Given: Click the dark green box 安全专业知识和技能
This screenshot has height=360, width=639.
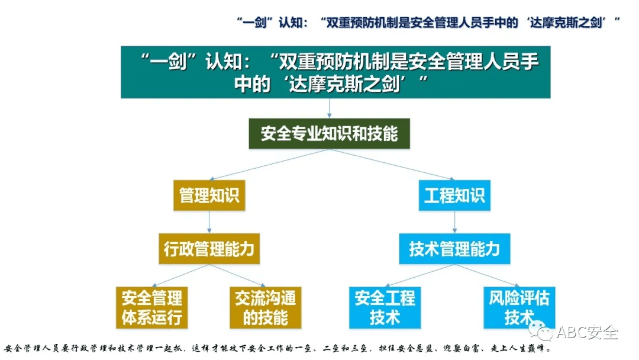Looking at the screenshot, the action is point(330,134).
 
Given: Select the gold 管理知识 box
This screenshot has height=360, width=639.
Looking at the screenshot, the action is point(209,195).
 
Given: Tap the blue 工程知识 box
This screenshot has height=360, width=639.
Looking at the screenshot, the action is point(454,195).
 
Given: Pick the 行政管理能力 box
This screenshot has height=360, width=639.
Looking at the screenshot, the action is point(209,249).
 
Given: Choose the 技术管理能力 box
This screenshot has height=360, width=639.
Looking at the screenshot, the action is point(454,249).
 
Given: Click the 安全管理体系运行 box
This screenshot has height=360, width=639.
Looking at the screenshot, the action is point(151,307).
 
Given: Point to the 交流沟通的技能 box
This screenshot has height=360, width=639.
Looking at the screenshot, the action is point(265,307).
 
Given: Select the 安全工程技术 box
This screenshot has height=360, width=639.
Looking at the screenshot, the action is point(385,307).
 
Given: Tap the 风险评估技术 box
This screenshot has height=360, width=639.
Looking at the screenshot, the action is point(519,307).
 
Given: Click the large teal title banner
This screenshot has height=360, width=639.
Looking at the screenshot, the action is point(335,72).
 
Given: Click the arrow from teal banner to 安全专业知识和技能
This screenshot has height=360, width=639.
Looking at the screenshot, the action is point(330,108).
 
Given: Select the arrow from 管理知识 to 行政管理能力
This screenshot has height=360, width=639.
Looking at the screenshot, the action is point(209,222).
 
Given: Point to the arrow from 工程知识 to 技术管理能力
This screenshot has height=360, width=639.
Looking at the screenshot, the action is point(454,222).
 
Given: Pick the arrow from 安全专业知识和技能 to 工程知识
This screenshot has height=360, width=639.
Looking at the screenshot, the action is point(392,164).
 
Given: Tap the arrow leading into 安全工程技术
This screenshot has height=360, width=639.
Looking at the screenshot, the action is point(419,275).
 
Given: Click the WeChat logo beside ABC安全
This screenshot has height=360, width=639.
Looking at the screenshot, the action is point(541,331).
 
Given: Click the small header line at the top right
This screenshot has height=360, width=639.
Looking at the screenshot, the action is point(428,22).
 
